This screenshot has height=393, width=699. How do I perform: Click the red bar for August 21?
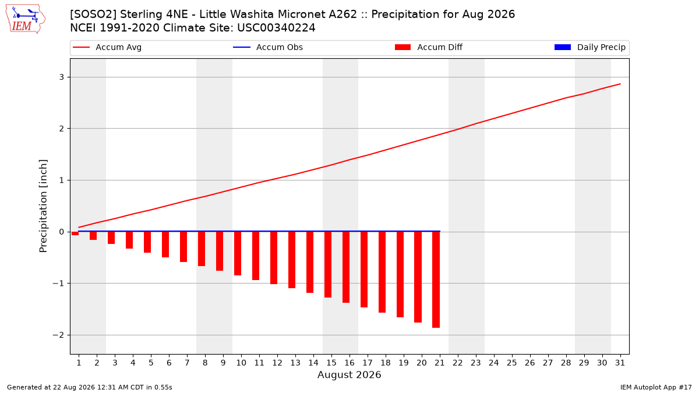click(436, 279)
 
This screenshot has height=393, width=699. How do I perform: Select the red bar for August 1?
click(75, 233)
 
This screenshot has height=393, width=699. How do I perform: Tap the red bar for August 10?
click(238, 254)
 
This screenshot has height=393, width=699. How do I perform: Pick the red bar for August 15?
click(327, 264)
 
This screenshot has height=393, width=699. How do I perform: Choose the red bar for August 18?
click(382, 272)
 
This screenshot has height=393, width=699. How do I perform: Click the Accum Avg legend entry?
click(107, 47)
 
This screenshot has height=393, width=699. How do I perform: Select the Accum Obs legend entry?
click(268, 47)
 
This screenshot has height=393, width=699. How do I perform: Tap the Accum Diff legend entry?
click(429, 47)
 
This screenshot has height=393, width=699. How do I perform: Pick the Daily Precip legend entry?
click(589, 47)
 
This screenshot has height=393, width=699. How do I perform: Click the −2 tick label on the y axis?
click(58, 335)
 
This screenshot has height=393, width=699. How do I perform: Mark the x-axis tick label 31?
click(620, 363)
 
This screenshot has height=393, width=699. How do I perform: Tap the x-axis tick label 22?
click(457, 363)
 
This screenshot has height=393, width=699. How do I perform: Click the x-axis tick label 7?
click(187, 363)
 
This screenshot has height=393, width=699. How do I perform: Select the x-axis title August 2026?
click(349, 374)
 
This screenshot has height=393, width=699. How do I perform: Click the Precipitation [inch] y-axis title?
click(43, 206)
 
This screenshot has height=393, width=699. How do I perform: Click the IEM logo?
click(25, 19)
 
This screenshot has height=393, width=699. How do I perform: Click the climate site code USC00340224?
click(276, 28)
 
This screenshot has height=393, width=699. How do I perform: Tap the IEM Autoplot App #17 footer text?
click(656, 387)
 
